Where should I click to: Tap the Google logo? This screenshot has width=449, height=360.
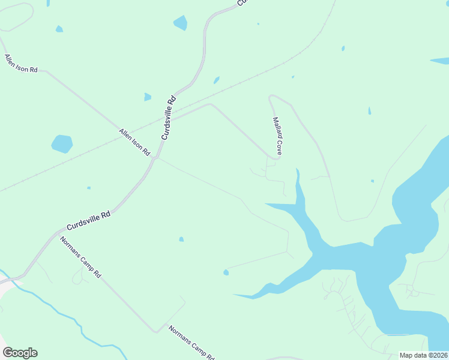(20, 353)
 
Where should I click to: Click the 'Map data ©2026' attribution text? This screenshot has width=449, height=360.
(423, 355)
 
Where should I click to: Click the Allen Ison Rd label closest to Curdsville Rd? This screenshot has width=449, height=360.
(134, 142)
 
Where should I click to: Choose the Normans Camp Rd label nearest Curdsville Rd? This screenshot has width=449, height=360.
(80, 257)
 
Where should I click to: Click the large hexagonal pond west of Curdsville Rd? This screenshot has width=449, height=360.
(62, 144)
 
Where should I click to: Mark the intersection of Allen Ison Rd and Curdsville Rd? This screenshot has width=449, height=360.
(155, 158)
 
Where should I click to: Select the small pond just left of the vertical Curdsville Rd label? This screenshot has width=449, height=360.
(148, 97)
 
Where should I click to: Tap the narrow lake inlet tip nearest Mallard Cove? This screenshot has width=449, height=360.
(297, 171)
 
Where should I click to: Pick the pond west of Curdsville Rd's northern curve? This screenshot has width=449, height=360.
(180, 23)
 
